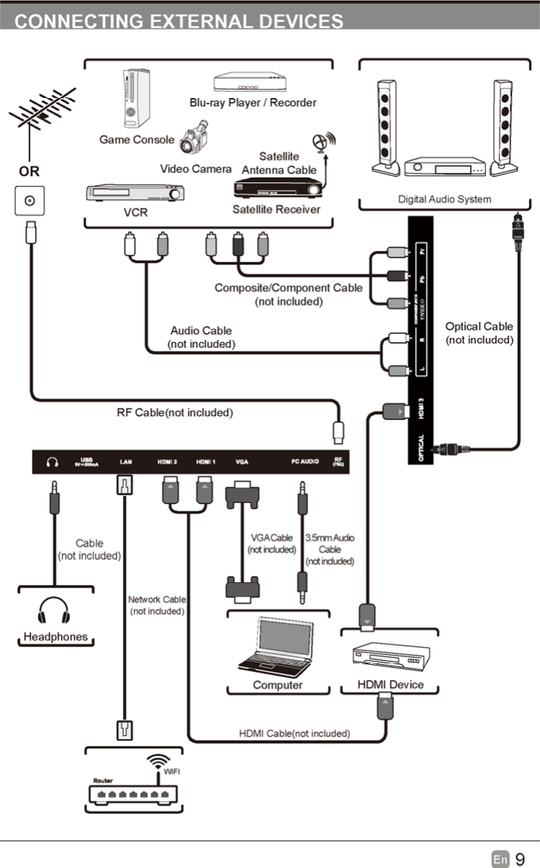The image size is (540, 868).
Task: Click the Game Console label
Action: coord(137,140)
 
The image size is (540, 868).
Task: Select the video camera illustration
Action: coord(195,137)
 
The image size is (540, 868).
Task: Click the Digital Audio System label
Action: coord(444,199)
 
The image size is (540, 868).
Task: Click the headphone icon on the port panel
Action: coord(53,462)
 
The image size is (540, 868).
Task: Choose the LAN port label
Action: coord(126,462)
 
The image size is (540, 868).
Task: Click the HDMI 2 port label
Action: coord(168,462)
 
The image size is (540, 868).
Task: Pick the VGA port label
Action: coord(242,462)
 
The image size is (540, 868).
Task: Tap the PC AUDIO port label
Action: coord(305,462)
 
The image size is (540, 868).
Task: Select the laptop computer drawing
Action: coord(276,646)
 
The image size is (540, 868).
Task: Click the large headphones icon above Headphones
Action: coord(53,609)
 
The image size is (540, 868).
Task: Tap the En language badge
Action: coord(501,859)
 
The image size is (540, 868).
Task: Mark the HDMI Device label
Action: coord(390,685)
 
